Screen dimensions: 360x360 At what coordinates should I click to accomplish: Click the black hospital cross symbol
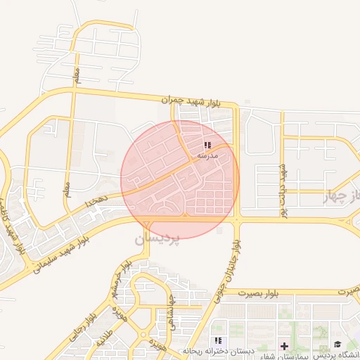[284, 346]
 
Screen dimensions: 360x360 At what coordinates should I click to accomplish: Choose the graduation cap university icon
[337, 345]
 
